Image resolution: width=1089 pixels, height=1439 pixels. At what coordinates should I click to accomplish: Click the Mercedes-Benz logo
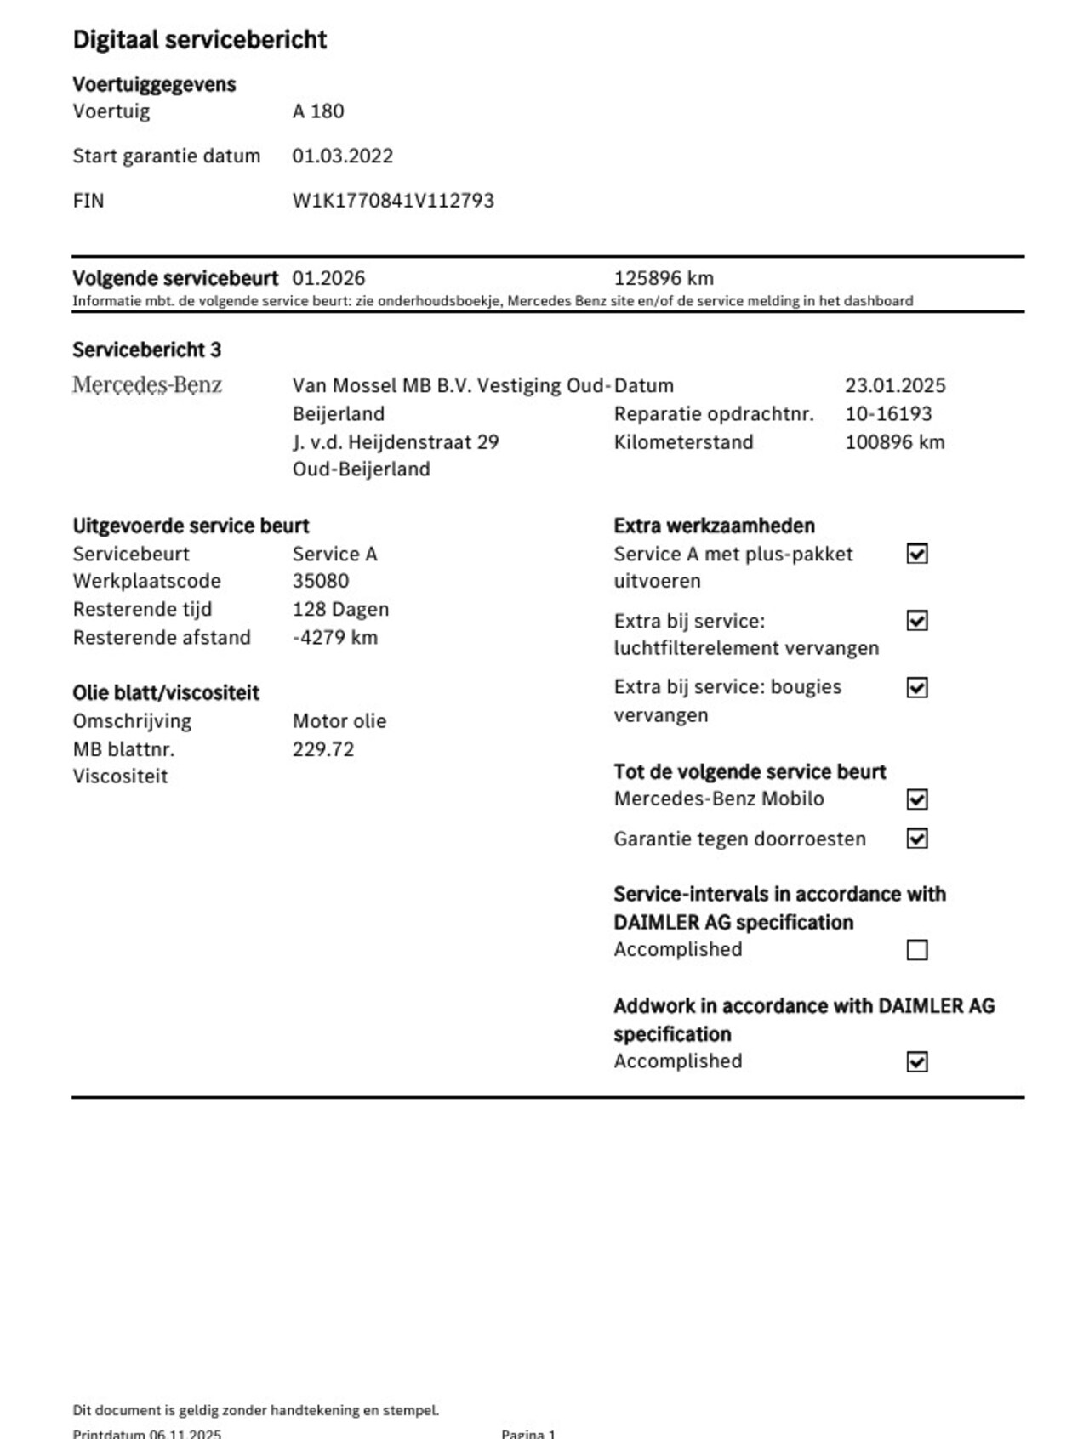(147, 385)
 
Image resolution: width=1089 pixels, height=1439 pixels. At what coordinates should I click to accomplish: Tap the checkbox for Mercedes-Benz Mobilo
(916, 799)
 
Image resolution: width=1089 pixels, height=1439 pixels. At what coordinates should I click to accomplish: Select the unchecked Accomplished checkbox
(916, 950)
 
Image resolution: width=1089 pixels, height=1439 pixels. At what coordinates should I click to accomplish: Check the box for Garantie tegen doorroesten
(916, 839)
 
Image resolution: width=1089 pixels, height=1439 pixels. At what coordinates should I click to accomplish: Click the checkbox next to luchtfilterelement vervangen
(916, 621)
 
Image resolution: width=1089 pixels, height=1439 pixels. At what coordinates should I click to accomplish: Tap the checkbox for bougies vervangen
(916, 687)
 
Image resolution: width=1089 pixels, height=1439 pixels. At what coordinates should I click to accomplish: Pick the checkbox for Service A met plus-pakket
(916, 554)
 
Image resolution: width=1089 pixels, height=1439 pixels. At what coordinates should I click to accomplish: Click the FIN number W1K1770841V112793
(393, 201)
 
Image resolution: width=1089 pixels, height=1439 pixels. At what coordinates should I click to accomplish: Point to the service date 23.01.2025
(895, 385)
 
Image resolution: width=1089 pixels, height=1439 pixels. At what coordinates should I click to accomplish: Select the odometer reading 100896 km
(894, 442)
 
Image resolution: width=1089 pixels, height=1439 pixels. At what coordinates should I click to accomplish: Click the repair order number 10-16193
(888, 414)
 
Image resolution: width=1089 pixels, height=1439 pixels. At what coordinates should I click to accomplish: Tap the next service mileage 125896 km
(664, 278)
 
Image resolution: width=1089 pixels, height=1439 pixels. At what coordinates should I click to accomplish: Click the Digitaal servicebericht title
(200, 40)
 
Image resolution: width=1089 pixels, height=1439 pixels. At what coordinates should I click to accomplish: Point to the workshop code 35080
(321, 581)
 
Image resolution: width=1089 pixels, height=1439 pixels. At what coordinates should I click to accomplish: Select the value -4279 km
(334, 638)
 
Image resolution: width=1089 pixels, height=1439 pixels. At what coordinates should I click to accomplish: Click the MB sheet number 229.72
(323, 749)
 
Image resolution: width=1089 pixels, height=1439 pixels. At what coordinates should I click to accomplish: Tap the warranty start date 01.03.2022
(343, 156)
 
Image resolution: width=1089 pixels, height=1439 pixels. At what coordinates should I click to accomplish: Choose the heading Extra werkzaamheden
(714, 526)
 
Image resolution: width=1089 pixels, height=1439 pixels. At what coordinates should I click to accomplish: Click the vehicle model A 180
(318, 111)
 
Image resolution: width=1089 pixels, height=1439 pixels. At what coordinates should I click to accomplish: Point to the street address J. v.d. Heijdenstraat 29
(396, 442)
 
